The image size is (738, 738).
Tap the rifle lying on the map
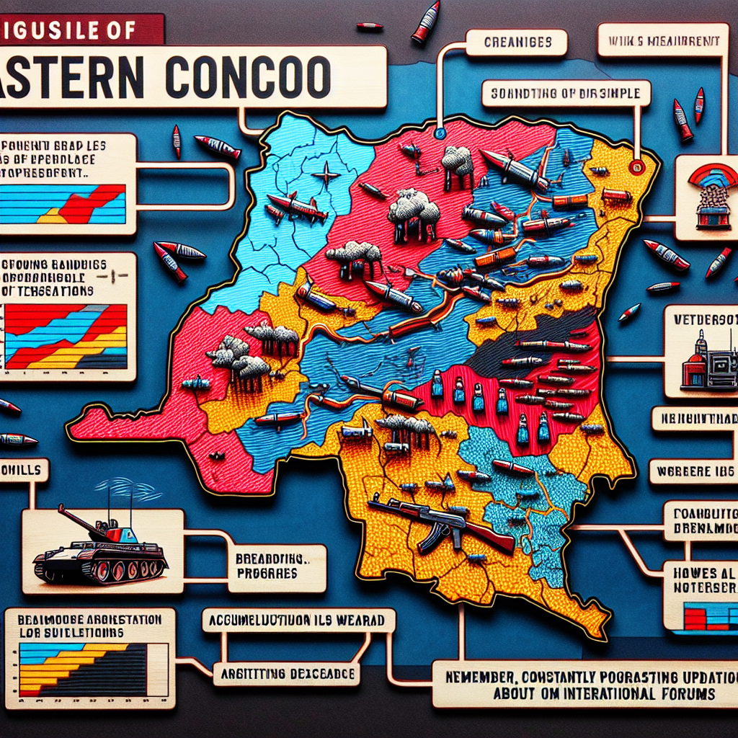coord(440,522)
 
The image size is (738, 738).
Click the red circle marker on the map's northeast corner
coord(636,167)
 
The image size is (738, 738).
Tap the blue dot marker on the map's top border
coord(437,133)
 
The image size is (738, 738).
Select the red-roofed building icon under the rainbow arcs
coord(713,213)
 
